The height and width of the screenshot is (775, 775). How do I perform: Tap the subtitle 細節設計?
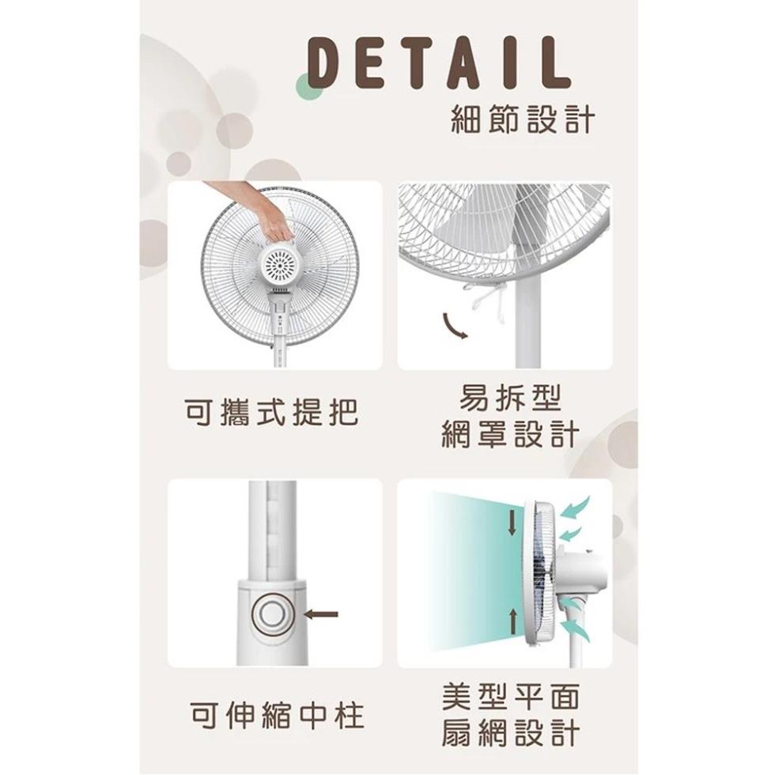522,119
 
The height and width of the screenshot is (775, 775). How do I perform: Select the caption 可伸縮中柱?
278,715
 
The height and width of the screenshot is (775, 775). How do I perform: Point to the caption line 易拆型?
511,398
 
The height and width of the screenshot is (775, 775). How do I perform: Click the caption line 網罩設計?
511,433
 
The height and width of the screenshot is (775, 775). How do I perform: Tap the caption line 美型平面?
511,697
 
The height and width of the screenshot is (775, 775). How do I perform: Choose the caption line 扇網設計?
511,732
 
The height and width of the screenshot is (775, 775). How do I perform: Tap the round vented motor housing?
280,265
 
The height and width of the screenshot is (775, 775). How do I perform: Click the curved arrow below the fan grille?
456,326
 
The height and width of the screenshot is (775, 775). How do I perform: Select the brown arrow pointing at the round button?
321,614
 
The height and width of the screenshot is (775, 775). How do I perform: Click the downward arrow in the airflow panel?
512,523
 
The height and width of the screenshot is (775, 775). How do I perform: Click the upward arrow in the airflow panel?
513,622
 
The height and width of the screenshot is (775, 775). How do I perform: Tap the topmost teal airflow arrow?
576,508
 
